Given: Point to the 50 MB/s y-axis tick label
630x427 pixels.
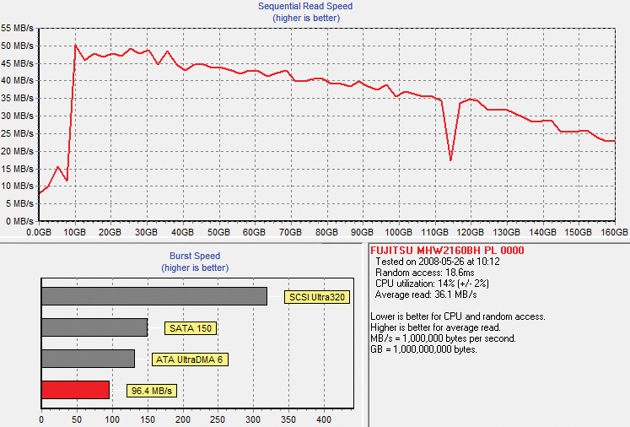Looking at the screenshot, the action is click(x=17, y=46).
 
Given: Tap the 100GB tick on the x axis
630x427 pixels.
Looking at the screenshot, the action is click(x=399, y=232).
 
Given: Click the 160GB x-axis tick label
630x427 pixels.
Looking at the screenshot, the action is click(x=614, y=232).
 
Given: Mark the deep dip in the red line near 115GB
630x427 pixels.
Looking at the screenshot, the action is click(x=451, y=160).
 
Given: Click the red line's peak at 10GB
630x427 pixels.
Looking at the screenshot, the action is click(x=76, y=45).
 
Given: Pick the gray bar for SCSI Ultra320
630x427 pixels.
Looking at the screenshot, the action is click(x=154, y=296).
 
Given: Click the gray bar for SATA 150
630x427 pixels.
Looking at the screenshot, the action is click(x=94, y=327).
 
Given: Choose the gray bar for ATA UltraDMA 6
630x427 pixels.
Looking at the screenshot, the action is click(x=88, y=359).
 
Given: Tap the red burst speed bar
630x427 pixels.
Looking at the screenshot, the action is click(x=76, y=390).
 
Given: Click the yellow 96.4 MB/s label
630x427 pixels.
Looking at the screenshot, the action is click(x=152, y=391).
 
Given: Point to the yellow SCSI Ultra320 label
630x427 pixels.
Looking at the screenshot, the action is click(x=317, y=297).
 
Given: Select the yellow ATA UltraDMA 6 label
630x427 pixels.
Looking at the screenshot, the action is click(x=190, y=359).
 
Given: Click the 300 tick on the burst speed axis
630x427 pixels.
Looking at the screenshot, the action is click(x=253, y=419).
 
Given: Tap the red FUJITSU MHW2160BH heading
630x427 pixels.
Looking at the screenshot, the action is click(x=447, y=251).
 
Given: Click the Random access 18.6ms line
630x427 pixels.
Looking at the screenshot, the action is click(x=425, y=273).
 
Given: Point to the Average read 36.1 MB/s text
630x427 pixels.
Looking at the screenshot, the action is click(x=426, y=295).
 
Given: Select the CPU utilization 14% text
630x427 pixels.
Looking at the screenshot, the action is click(x=432, y=284).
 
